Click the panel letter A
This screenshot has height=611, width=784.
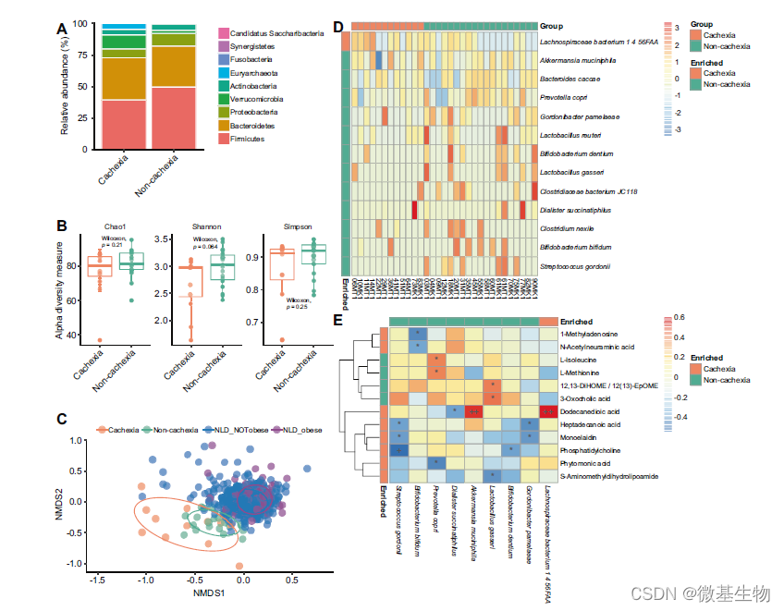tap(62, 30)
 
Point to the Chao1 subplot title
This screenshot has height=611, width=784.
tap(116, 226)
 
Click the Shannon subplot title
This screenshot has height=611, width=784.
tap(205, 226)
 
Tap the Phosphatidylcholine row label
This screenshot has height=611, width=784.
tap(592, 449)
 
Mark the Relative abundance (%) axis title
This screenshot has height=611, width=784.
tap(65, 86)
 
